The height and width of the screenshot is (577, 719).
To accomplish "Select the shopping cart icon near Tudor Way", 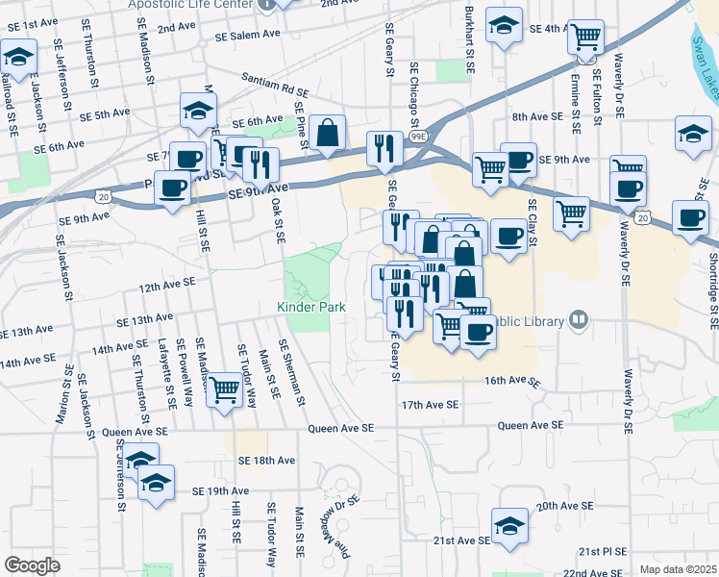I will point(224,390).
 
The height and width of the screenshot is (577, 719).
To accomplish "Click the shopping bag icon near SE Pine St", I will point(328,133).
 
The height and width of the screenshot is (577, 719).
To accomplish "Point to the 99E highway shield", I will point(419,137).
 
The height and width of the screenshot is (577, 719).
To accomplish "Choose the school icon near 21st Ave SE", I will point(509,526).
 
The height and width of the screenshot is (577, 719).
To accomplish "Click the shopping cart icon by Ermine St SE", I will point(585,38).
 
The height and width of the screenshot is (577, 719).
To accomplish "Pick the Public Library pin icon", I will point(578,319).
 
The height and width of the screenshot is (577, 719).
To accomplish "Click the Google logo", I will point(32,565).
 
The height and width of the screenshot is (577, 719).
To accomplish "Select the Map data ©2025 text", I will point(679,569).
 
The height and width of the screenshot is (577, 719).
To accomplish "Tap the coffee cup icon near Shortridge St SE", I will point(690,217).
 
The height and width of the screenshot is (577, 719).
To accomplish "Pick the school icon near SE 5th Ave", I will point(198,111).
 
